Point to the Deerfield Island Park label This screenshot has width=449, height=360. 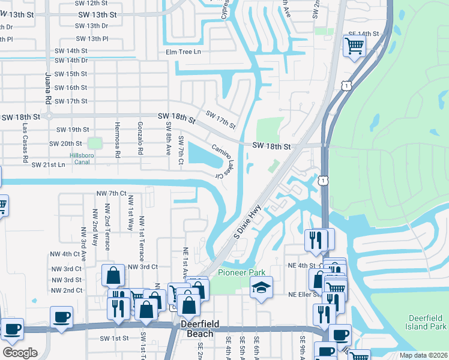(x=427, y=322)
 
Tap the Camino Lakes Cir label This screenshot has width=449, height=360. (x=221, y=160)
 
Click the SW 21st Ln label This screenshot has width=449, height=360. (x=48, y=164)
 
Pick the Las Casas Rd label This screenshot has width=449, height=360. (x=25, y=143)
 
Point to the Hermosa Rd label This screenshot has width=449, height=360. (x=118, y=142)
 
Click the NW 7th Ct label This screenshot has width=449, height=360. (x=112, y=193)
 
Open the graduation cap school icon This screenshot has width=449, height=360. (x=262, y=289)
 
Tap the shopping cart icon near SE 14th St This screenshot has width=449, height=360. (x=354, y=45)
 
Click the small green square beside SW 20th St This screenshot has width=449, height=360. (x=94, y=143)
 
